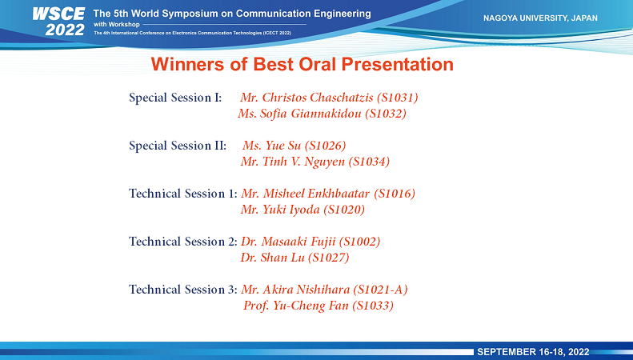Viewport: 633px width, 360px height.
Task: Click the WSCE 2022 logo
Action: [58, 22]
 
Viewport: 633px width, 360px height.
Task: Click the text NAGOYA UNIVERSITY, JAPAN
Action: [540, 18]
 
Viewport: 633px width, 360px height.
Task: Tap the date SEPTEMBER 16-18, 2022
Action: [533, 352]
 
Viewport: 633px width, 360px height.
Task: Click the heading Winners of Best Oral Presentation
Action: [302, 64]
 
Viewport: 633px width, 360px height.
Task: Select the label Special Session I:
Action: [175, 98]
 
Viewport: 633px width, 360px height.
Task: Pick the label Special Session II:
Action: [178, 146]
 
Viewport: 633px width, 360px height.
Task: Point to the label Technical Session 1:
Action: [183, 194]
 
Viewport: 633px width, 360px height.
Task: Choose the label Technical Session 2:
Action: [183, 242]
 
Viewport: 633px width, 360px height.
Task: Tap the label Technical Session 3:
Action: [183, 290]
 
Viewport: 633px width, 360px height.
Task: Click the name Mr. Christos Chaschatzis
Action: [306, 98]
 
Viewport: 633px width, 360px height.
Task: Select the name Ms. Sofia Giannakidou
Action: [299, 114]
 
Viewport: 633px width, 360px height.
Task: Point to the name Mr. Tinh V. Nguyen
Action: [293, 162]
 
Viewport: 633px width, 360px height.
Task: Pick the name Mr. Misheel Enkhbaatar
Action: [305, 194]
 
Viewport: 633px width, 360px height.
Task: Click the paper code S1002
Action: [359, 242]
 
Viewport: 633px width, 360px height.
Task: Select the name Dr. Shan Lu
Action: [273, 258]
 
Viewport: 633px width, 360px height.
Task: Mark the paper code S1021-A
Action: [380, 290]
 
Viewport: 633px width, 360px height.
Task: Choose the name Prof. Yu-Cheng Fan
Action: [296, 306]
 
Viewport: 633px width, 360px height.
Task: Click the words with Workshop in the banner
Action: [117, 24]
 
